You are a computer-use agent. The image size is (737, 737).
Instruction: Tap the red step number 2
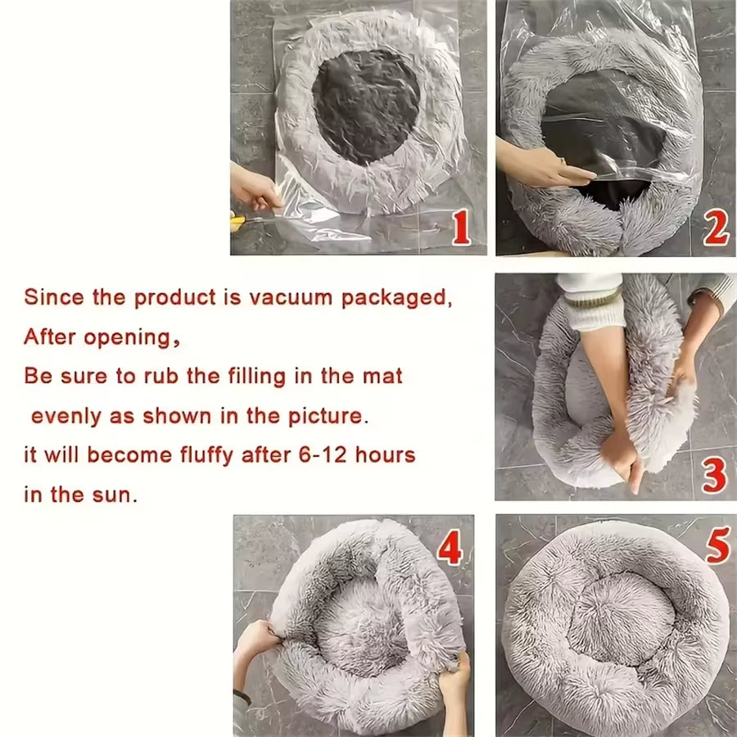pyautogui.click(x=716, y=229)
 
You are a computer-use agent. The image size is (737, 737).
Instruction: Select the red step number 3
pyautogui.click(x=715, y=476)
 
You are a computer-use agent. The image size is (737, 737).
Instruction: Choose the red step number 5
pyautogui.click(x=717, y=546)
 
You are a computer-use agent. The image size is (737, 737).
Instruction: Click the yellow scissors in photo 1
pyautogui.click(x=238, y=220)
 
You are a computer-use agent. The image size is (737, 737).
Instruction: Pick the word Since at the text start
pyautogui.click(x=54, y=297)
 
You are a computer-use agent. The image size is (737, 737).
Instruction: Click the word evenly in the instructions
pyautogui.click(x=67, y=416)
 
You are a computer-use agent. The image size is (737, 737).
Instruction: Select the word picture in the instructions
pyautogui.click(x=324, y=416)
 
